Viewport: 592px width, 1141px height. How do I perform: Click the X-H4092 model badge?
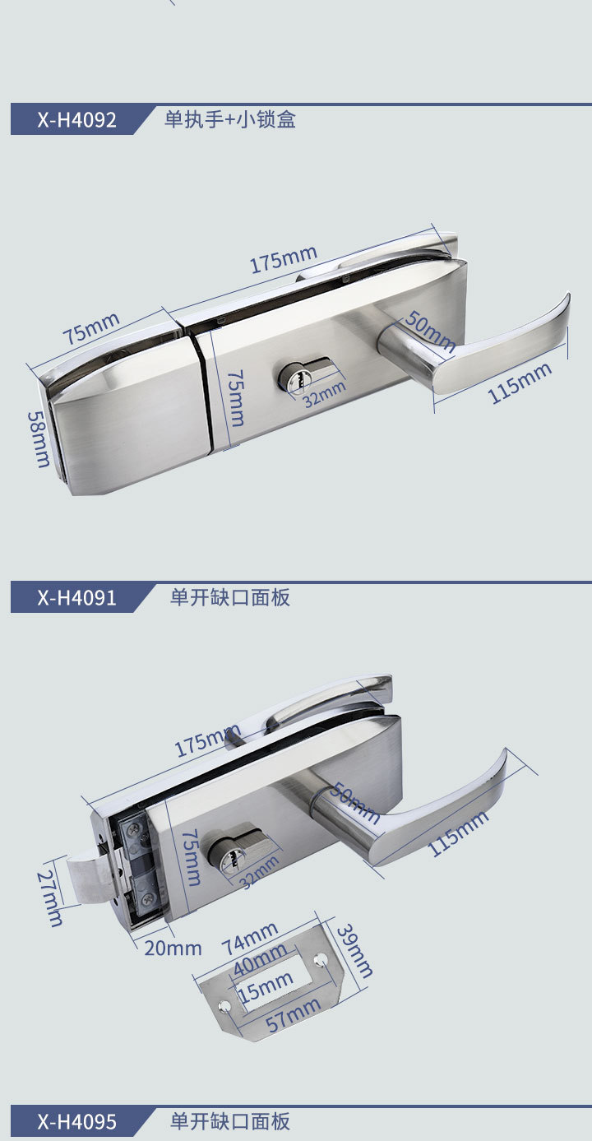pyautogui.click(x=76, y=120)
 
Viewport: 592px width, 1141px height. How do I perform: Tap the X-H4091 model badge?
pyautogui.click(x=76, y=597)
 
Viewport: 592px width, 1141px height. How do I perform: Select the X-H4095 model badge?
pyautogui.click(x=76, y=1122)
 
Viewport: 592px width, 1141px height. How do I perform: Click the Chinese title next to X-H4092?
pyautogui.click(x=229, y=120)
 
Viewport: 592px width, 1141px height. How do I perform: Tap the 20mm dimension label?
pyautogui.click(x=173, y=948)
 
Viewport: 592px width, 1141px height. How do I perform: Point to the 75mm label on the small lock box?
pyautogui.click(x=90, y=327)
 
